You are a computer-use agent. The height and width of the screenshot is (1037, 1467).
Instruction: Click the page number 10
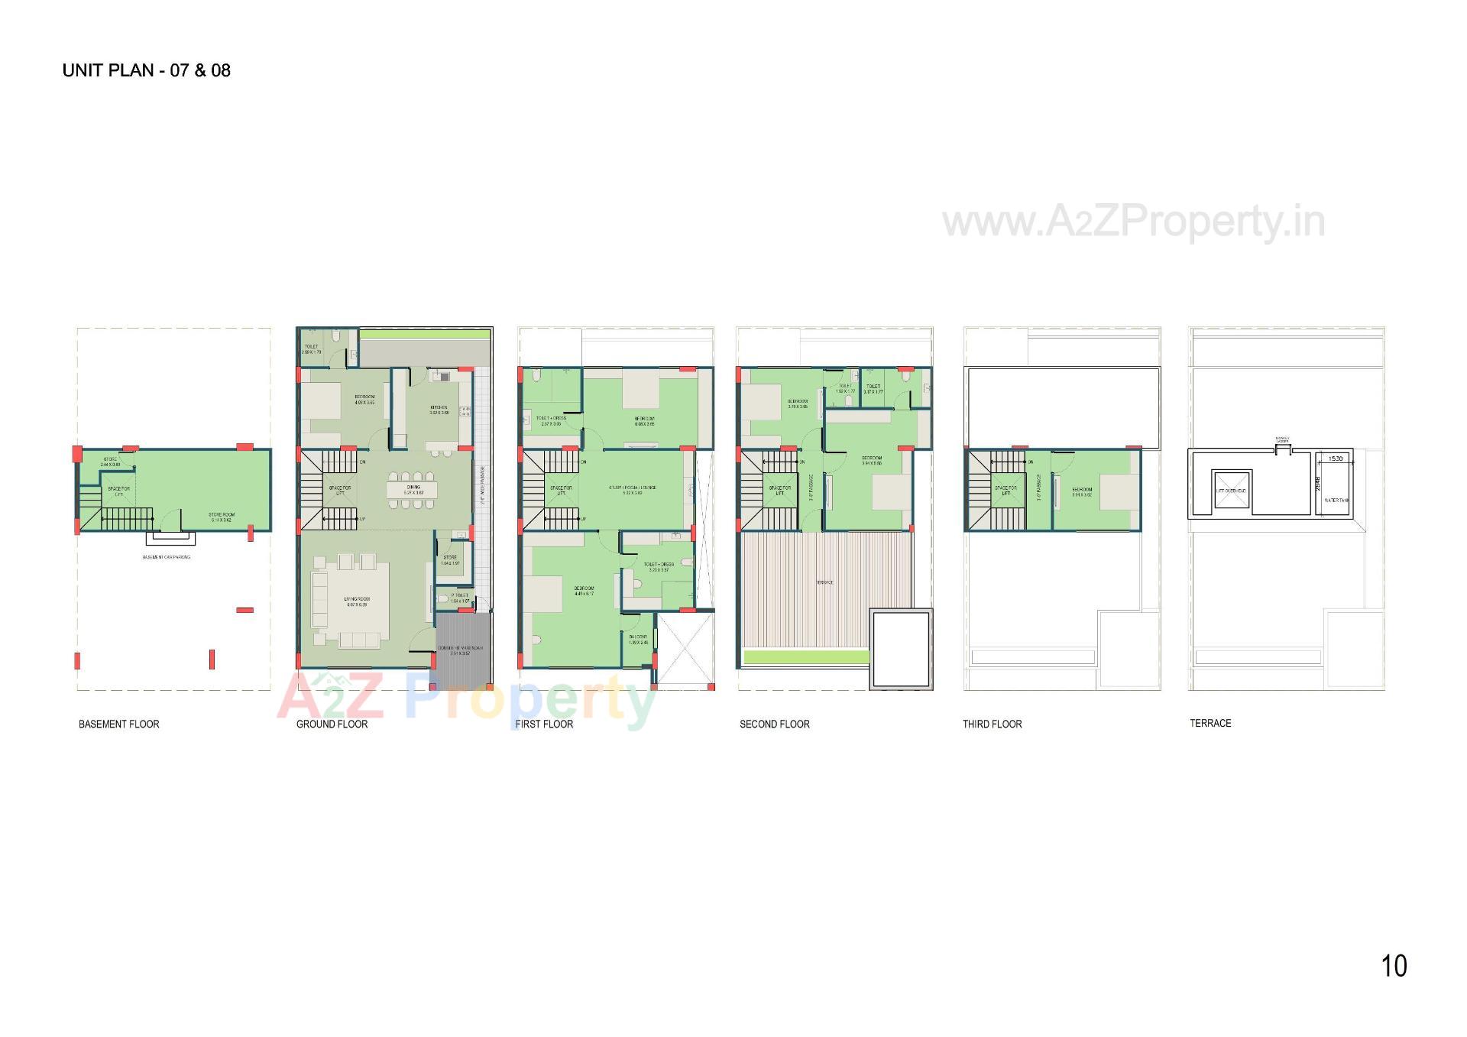pos(1394,966)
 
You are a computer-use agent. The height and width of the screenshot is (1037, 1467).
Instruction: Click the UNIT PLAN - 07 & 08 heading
pos(146,70)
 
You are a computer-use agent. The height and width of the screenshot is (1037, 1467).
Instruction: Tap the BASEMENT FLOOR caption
pos(119,724)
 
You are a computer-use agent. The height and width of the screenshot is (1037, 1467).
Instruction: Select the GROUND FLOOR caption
pos(332,724)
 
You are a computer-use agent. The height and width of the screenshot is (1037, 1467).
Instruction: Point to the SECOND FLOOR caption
pos(774,724)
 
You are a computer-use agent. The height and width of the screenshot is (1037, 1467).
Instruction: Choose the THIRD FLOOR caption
pos(992,724)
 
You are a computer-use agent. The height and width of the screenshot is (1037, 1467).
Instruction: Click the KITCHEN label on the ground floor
pos(439,407)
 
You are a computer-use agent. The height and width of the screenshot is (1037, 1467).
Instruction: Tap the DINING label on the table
pos(413,488)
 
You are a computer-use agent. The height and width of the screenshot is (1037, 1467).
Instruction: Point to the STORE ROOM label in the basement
pos(222,516)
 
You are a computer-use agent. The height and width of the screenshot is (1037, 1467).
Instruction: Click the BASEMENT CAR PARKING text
pos(167,557)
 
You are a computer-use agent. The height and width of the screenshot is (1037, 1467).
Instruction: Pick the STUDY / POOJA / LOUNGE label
pos(633,488)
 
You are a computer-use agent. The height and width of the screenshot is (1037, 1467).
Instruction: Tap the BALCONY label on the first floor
pos(638,637)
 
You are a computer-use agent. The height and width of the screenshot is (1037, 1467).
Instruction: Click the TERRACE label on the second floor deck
pos(824,582)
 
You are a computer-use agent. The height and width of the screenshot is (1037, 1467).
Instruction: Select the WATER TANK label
pos(1336,501)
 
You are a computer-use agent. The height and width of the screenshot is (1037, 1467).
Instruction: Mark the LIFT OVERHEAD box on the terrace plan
pos(1231,491)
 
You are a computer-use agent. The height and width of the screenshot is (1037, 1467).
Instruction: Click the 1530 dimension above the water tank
pos(1336,459)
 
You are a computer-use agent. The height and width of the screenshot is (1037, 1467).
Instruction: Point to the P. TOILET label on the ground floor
pos(459,595)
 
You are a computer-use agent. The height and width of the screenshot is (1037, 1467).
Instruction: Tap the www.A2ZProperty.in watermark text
pos(1134,222)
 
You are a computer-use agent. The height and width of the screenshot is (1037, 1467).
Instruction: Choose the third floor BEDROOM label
pos(1082,490)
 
